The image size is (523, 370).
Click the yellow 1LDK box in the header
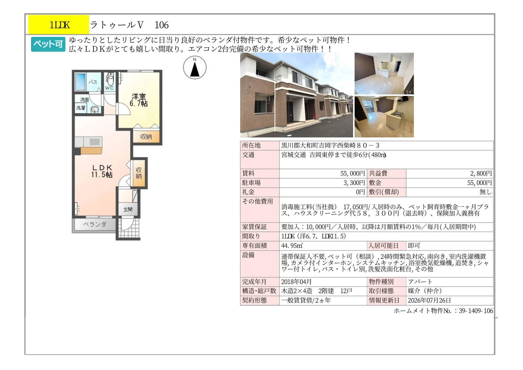[59, 24]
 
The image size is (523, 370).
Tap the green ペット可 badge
[48, 44]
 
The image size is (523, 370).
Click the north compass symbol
[195, 67]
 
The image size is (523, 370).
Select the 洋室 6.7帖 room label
[139, 100]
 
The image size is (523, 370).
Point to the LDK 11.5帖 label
[102, 171]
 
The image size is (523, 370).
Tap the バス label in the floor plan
[93, 82]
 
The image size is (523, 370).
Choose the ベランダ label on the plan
[95, 224]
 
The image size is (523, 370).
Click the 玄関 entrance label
[128, 209]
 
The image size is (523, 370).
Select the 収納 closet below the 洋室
[146, 137]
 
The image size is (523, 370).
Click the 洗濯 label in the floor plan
[81, 108]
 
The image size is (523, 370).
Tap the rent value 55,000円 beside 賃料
[353, 173]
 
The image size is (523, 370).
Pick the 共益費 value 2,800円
[481, 173]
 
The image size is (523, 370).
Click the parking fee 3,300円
[354, 183]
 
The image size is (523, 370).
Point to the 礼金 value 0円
[360, 192]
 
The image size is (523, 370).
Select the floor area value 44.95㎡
[292, 246]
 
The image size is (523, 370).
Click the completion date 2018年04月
[296, 282]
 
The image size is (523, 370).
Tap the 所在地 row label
[251, 145]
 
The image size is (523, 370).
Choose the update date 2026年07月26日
[429, 300]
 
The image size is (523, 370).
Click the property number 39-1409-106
[476, 311]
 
